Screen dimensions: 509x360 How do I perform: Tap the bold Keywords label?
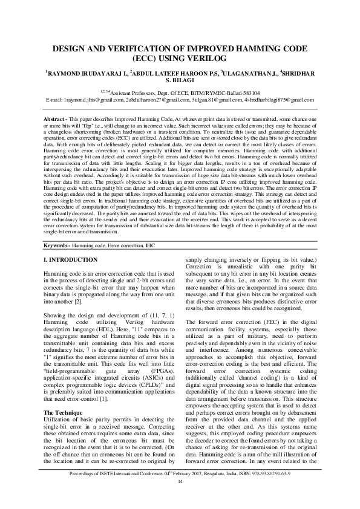tap(59, 247)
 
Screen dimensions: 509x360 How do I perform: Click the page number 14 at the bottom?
tap(180, 498)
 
